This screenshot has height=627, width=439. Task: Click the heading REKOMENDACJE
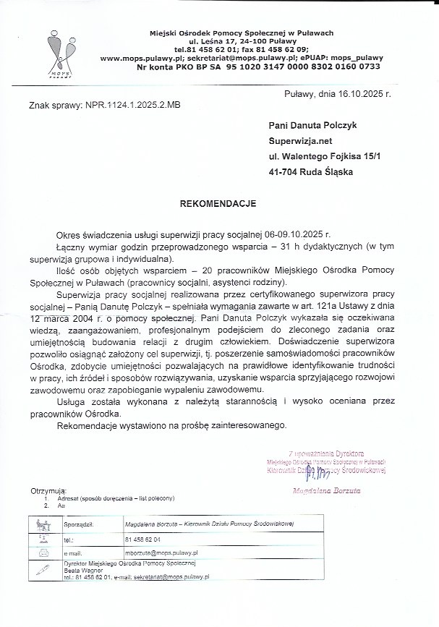(218, 205)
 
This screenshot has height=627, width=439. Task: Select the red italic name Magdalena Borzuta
(331, 490)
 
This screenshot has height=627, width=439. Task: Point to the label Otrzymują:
(48, 492)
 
